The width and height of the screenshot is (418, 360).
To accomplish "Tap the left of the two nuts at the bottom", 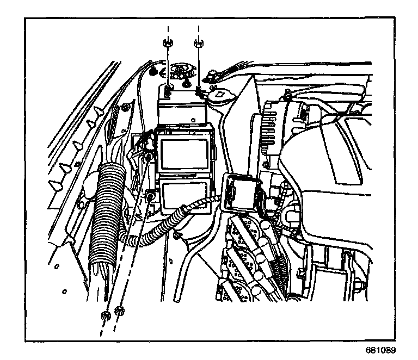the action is click(x=103, y=315).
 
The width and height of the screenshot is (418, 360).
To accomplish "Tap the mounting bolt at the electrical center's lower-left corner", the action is click(x=149, y=194).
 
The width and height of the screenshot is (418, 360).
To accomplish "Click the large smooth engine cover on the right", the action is click(x=337, y=179).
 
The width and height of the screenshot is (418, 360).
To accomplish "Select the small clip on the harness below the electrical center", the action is click(x=177, y=235).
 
